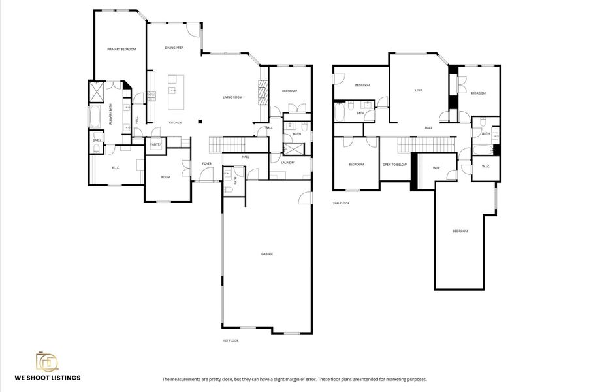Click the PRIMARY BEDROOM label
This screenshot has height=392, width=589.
[121, 49]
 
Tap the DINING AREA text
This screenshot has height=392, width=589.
[174, 48]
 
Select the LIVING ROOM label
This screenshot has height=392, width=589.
[232, 97]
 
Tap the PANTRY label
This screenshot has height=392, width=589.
[156, 144]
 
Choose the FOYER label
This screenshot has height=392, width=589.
[206, 163]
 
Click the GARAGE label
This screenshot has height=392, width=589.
[266, 254]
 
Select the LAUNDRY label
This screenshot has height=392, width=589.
[288, 163]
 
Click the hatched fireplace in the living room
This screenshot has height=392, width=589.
[263, 92]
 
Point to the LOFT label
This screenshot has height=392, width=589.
[418, 90]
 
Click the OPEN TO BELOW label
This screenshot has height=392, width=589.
[394, 164]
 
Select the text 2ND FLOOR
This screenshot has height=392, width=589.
[341, 203]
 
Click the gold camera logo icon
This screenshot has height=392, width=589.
[47, 361]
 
